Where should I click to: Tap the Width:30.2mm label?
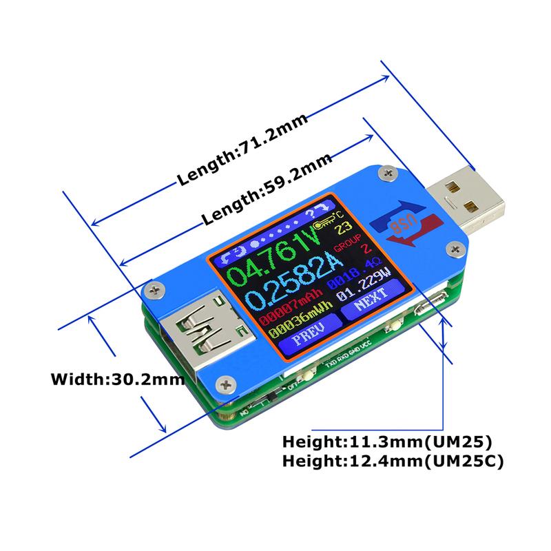117,378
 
